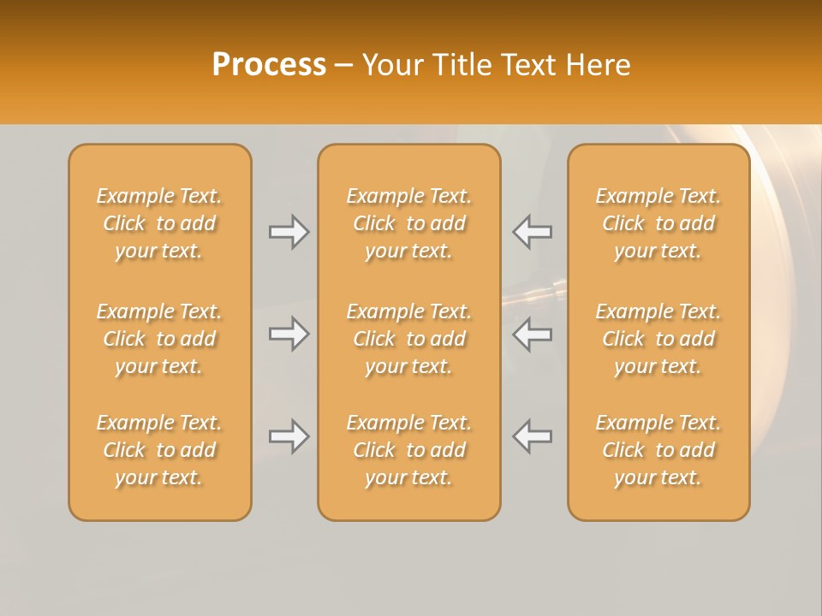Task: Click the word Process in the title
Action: [269, 65]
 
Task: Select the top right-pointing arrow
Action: [289, 232]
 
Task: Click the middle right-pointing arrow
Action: [289, 334]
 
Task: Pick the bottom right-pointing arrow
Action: [289, 437]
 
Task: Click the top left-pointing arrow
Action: [532, 232]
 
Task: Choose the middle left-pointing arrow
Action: [532, 334]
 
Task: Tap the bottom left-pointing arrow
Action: [532, 437]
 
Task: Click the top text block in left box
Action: [159, 223]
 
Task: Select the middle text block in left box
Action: [159, 339]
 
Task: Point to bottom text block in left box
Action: [159, 450]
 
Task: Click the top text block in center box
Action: [408, 223]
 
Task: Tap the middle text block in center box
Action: [408, 339]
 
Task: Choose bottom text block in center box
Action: [408, 450]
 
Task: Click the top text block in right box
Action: [658, 223]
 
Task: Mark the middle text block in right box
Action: [658, 339]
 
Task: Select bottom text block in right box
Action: [658, 450]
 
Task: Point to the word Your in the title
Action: [390, 65]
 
